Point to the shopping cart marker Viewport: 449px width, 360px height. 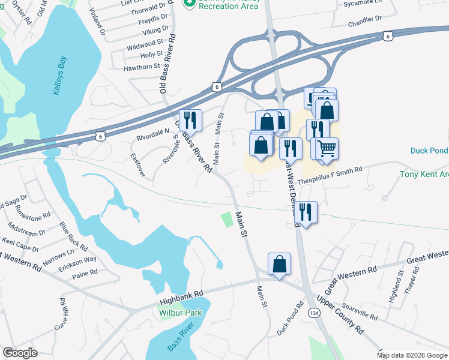pyautogui.click(x=327, y=148)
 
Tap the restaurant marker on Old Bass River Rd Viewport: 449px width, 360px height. pyautogui.click(x=190, y=119)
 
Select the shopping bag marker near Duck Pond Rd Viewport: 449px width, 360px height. pyautogui.click(x=280, y=264)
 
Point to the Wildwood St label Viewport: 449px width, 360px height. pyautogui.click(x=144, y=43)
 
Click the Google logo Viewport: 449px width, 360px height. pyautogui.click(x=20, y=353)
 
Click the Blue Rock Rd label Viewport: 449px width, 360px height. pyautogui.click(x=73, y=236)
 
